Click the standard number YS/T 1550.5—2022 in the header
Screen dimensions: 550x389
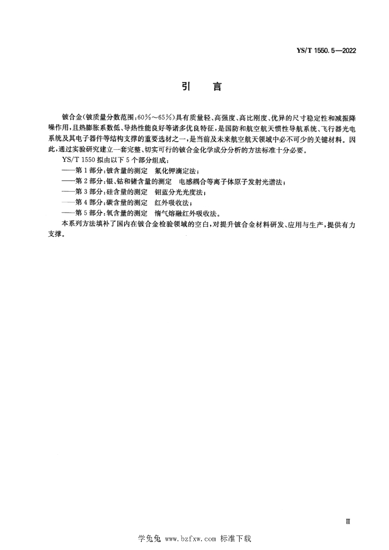coord(327,50)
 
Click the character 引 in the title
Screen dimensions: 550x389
coord(182,87)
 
